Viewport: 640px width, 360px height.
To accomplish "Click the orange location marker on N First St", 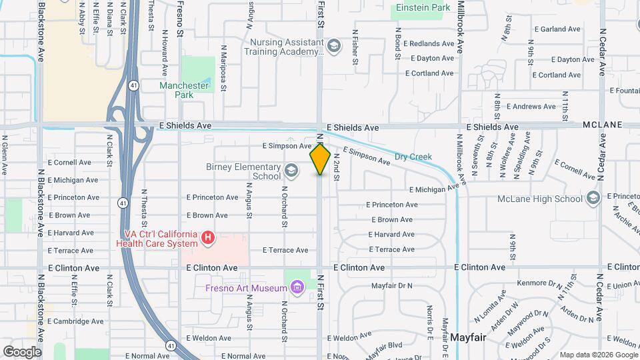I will [x=320, y=159].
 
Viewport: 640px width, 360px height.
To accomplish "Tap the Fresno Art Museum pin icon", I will [x=297, y=287].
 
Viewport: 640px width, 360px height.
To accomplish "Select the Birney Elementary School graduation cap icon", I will [x=291, y=171].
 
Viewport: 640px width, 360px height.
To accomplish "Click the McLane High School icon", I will [x=593, y=198].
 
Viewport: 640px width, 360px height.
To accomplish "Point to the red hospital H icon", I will [x=208, y=237].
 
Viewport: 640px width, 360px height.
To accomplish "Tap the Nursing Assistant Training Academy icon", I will [x=333, y=46].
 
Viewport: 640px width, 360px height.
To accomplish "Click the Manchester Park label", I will [x=185, y=90].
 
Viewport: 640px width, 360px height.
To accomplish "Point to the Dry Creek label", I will [x=413, y=157].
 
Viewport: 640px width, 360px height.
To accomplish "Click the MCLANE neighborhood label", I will [x=602, y=125].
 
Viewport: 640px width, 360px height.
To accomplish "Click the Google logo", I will [x=22, y=351].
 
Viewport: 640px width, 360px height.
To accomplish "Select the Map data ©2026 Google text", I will [x=598, y=354].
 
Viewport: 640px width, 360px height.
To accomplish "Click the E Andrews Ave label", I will [x=531, y=106].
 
